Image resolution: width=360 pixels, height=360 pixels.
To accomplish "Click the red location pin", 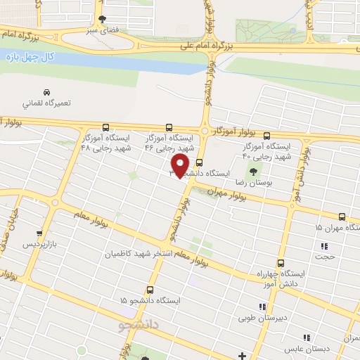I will [x=181, y=166].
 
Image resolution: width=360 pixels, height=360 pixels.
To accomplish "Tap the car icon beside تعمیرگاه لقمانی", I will [x=46, y=92].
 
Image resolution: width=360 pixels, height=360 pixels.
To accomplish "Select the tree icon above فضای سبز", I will [x=103, y=18].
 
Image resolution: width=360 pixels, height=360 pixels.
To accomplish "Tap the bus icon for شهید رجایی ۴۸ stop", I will [x=105, y=127].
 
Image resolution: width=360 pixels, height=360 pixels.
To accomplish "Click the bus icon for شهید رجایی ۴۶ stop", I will [x=169, y=127].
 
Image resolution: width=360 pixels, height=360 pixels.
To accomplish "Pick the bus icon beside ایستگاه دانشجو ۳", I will [x=199, y=161].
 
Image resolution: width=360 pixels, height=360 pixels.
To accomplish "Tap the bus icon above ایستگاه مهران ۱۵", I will [x=342, y=217].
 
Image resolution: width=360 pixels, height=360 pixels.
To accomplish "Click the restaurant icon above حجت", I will [x=324, y=246].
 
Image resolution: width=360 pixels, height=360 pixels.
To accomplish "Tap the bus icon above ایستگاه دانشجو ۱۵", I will [x=149, y=289].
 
